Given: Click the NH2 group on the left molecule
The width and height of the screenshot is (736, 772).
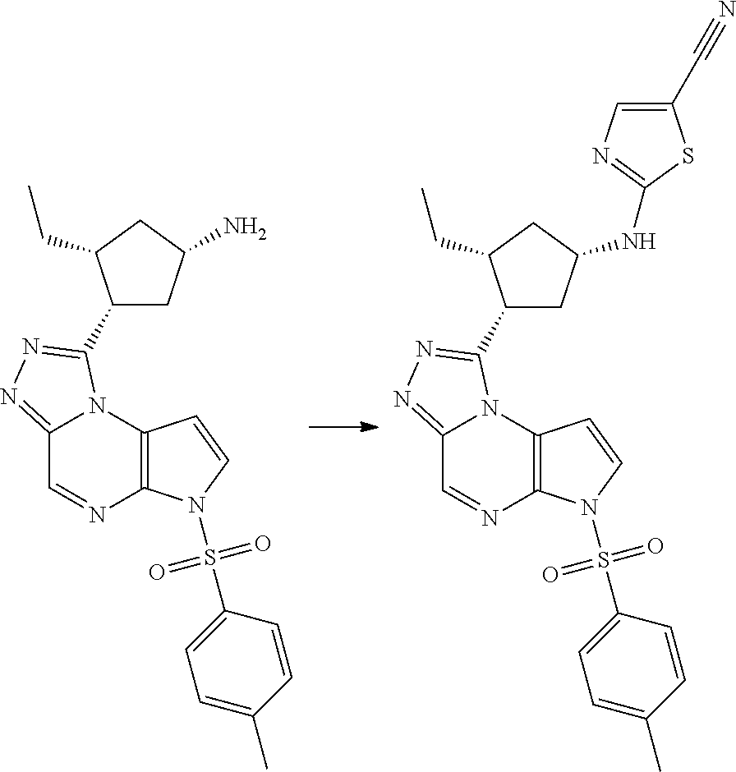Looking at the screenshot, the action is [x=246, y=229].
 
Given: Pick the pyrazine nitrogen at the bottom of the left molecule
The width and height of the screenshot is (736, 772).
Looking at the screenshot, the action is [x=98, y=517].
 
